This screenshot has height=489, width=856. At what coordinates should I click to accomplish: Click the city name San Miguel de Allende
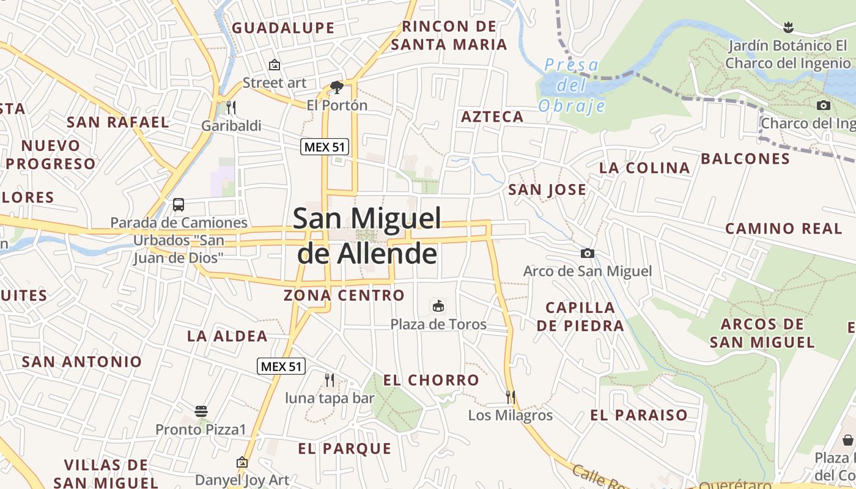(367, 235)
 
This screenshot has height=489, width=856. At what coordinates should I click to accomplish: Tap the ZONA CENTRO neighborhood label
(344, 296)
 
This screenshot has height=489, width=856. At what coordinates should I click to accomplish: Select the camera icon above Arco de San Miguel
(587, 253)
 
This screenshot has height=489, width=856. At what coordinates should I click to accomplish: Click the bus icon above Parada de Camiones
(179, 205)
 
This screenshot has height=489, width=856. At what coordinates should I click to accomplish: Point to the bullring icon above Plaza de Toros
(438, 306)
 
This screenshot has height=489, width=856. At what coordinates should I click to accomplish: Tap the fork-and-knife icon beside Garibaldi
(231, 108)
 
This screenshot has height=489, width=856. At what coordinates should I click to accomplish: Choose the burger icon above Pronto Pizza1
(201, 411)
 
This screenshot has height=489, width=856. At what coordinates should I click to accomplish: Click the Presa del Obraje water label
(572, 85)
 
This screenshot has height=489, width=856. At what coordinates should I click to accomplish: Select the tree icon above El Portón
(336, 87)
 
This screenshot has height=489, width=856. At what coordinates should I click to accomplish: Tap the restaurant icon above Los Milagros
(510, 397)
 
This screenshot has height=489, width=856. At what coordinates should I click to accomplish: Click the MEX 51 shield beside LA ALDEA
(281, 367)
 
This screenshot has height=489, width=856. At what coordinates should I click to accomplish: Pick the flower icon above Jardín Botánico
(788, 27)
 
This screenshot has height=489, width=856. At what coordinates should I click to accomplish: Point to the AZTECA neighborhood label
(492, 117)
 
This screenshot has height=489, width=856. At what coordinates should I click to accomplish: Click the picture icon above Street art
(275, 64)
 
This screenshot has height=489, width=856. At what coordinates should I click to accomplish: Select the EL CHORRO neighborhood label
(431, 380)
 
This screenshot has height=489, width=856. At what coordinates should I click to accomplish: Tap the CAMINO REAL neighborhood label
(784, 229)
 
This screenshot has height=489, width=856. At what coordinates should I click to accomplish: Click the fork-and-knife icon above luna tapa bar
(330, 380)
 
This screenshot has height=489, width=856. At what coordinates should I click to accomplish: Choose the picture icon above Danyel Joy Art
(242, 462)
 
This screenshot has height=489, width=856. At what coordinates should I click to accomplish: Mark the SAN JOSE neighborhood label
(547, 190)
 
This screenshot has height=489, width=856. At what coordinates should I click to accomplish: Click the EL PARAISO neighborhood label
(638, 416)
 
